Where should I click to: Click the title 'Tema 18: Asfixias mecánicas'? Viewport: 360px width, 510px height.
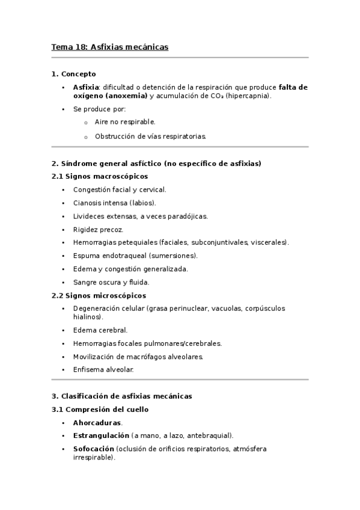(x=109, y=46)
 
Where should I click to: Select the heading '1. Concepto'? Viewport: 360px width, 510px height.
(x=73, y=74)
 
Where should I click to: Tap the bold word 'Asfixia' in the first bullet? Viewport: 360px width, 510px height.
(x=86, y=87)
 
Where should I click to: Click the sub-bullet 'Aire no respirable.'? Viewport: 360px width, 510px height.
(x=125, y=122)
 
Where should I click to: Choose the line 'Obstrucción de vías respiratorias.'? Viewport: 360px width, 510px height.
(x=150, y=136)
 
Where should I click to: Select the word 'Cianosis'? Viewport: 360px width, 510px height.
(x=88, y=203)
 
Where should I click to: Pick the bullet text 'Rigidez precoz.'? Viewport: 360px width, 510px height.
(x=98, y=229)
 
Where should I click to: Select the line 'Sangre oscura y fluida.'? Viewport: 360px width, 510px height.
(x=111, y=282)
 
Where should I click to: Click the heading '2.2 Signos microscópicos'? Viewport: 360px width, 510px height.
(x=99, y=295)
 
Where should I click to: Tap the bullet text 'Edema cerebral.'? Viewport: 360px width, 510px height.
(x=100, y=330)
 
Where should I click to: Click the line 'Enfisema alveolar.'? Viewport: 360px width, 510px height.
(x=103, y=370)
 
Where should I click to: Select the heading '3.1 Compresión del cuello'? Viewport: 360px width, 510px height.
(x=100, y=410)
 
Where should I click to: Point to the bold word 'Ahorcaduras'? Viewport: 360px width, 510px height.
(x=97, y=423)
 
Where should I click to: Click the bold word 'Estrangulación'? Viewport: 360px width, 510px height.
(x=101, y=435)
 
